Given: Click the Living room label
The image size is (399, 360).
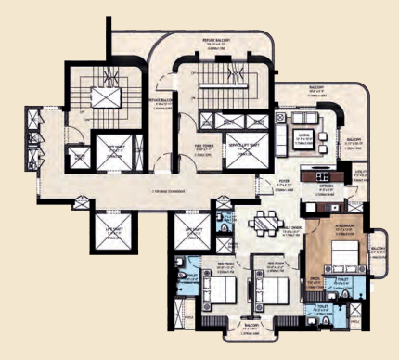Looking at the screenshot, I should click(302, 140).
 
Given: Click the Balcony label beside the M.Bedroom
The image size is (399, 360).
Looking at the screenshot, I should click(378, 250).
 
